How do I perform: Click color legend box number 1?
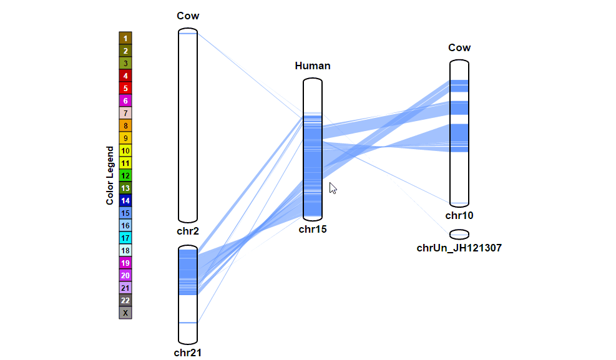pyautogui.click(x=125, y=38)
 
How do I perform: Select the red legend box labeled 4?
pyautogui.click(x=125, y=75)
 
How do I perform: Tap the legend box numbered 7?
pyautogui.click(x=125, y=113)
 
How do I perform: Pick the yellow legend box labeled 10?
pyautogui.click(x=125, y=150)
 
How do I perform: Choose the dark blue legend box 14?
pyautogui.click(x=125, y=200)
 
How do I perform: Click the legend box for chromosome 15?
pyautogui.click(x=125, y=213)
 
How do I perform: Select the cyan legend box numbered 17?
pyautogui.click(x=125, y=238)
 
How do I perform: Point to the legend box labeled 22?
pyautogui.click(x=125, y=300)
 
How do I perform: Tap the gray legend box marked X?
pyautogui.click(x=125, y=313)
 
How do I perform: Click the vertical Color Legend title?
pyautogui.click(x=110, y=175)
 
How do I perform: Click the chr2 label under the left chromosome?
pyautogui.click(x=187, y=231)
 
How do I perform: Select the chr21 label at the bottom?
pyautogui.click(x=187, y=353)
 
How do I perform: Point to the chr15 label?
pyautogui.click(x=312, y=229)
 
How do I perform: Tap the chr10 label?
pyautogui.click(x=459, y=215)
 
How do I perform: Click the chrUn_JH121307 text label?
pyautogui.click(x=459, y=248)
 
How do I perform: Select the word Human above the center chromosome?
pyautogui.click(x=313, y=66)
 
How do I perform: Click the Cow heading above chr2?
pyautogui.click(x=188, y=16)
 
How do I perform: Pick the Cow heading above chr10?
pyautogui.click(x=459, y=47)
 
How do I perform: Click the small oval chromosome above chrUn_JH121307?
pyautogui.click(x=459, y=234)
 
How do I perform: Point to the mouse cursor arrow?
pyautogui.click(x=333, y=188)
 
